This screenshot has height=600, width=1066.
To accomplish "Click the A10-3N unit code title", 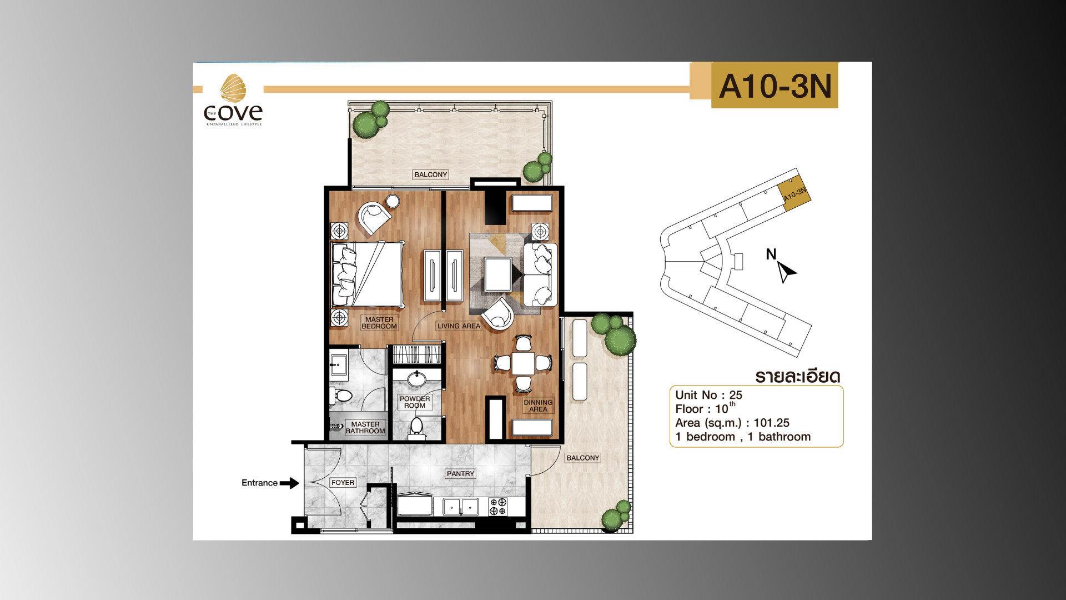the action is (x=775, y=86).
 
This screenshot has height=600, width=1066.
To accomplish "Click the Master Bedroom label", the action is (x=379, y=323).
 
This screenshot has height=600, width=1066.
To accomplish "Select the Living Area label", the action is (x=459, y=326).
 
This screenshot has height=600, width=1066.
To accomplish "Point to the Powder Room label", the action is (x=415, y=402).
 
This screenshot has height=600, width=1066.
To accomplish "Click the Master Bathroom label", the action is (x=365, y=427).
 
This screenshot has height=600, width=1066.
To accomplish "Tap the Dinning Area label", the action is (x=538, y=406).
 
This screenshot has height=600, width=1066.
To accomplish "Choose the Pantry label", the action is (x=460, y=474).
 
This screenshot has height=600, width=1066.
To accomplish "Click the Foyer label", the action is (x=343, y=483).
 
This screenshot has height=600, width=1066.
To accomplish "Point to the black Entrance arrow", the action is (x=289, y=483).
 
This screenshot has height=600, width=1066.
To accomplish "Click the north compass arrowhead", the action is (x=786, y=272).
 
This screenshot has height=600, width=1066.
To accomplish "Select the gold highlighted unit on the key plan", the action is (x=793, y=192).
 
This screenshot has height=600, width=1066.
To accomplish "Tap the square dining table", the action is (x=523, y=364).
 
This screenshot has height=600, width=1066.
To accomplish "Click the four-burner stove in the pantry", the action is (x=497, y=507).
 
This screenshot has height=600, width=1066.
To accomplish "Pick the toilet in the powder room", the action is (x=416, y=428).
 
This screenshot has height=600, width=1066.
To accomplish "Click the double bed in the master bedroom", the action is (x=367, y=274).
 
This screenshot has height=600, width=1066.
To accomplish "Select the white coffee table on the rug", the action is (x=498, y=274).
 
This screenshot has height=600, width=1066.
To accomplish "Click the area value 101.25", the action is (x=771, y=423).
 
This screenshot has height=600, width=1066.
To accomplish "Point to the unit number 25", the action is (x=736, y=395).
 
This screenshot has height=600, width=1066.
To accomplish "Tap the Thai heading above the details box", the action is (x=798, y=376).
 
